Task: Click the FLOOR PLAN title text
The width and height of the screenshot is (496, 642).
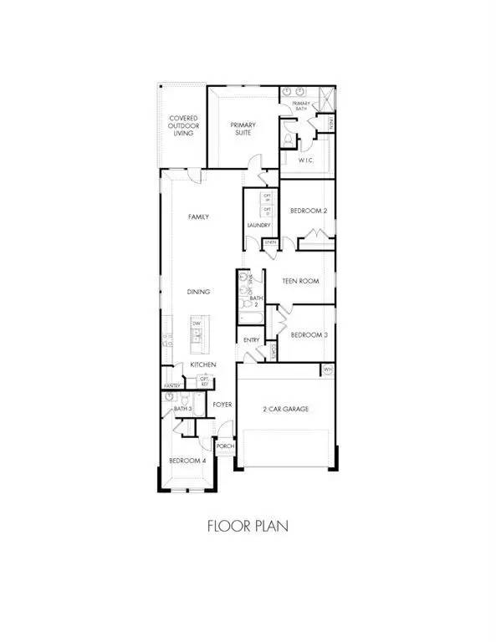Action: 248,527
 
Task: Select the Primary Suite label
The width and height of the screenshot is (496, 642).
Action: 243,130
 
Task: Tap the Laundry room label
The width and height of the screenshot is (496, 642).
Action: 258,225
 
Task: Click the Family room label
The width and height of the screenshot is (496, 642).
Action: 198,217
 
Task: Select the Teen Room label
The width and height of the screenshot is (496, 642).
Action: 301,282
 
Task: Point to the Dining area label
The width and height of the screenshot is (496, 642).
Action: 198,292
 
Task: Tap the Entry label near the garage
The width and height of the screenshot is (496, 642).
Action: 251,340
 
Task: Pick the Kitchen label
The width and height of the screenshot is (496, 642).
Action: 203,365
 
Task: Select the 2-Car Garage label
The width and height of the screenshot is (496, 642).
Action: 287,409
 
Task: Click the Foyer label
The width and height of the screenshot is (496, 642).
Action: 222,404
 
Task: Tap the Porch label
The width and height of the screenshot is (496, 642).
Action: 224,446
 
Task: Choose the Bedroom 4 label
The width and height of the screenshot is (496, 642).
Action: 184,461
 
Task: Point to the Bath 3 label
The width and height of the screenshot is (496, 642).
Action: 183,409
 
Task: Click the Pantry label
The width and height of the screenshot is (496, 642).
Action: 172,385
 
